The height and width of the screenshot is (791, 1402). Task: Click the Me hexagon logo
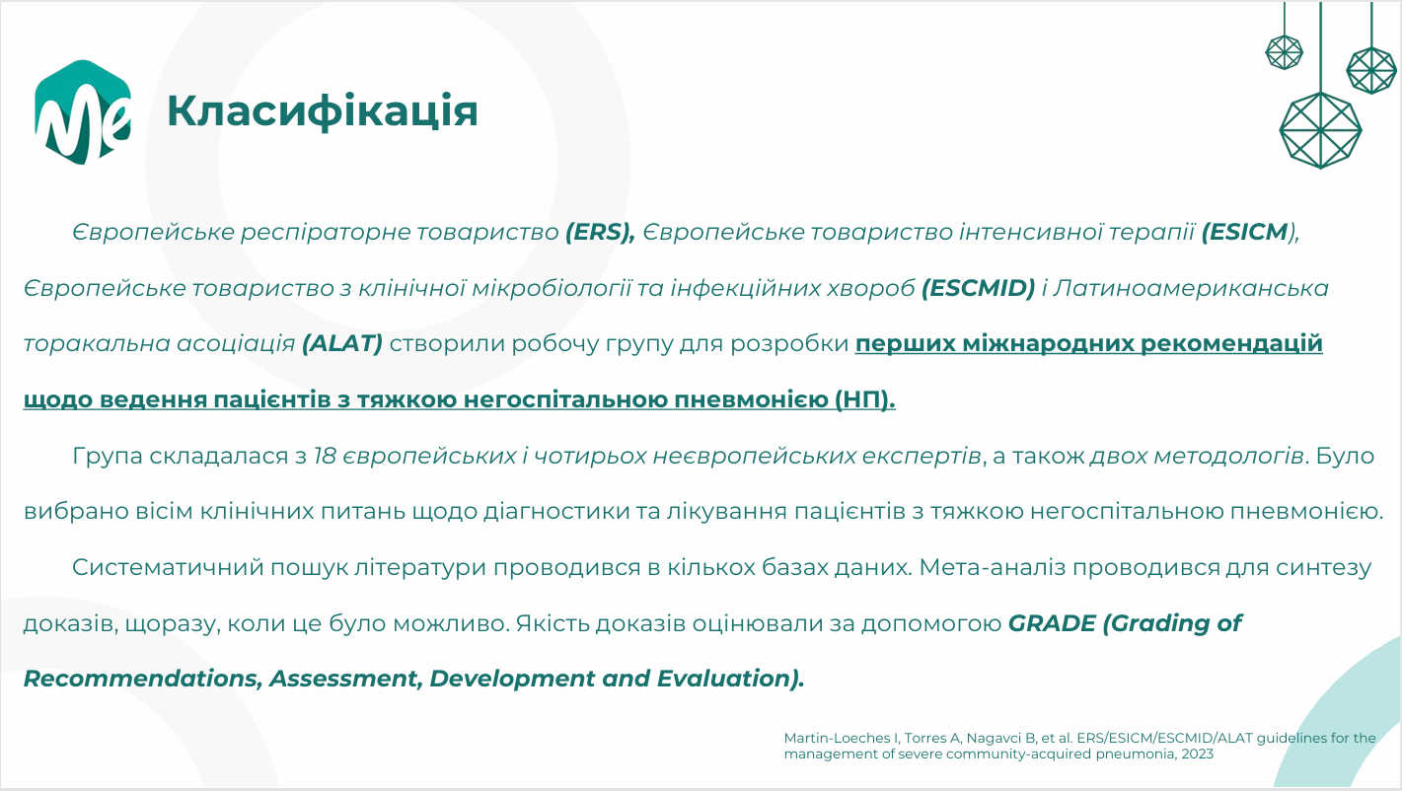click(x=83, y=112)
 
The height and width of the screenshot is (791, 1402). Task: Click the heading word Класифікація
click(x=323, y=111)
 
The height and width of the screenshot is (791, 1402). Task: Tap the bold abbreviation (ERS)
click(x=600, y=232)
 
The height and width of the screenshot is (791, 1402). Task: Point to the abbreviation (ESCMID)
click(x=979, y=288)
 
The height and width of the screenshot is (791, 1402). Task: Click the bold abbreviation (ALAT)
click(x=342, y=343)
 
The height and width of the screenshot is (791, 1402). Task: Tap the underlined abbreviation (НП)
click(x=865, y=399)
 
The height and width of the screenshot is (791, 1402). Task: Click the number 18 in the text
click(x=325, y=456)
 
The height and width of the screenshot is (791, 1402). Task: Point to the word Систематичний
click(x=168, y=567)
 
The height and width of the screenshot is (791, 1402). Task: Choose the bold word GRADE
click(x=1052, y=623)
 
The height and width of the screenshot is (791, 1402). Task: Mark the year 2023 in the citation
click(x=1198, y=754)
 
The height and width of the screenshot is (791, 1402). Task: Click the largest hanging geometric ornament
click(x=1321, y=131)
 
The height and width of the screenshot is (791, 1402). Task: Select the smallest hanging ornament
click(x=1284, y=52)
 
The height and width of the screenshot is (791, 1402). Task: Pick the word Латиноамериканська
click(x=1191, y=288)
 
